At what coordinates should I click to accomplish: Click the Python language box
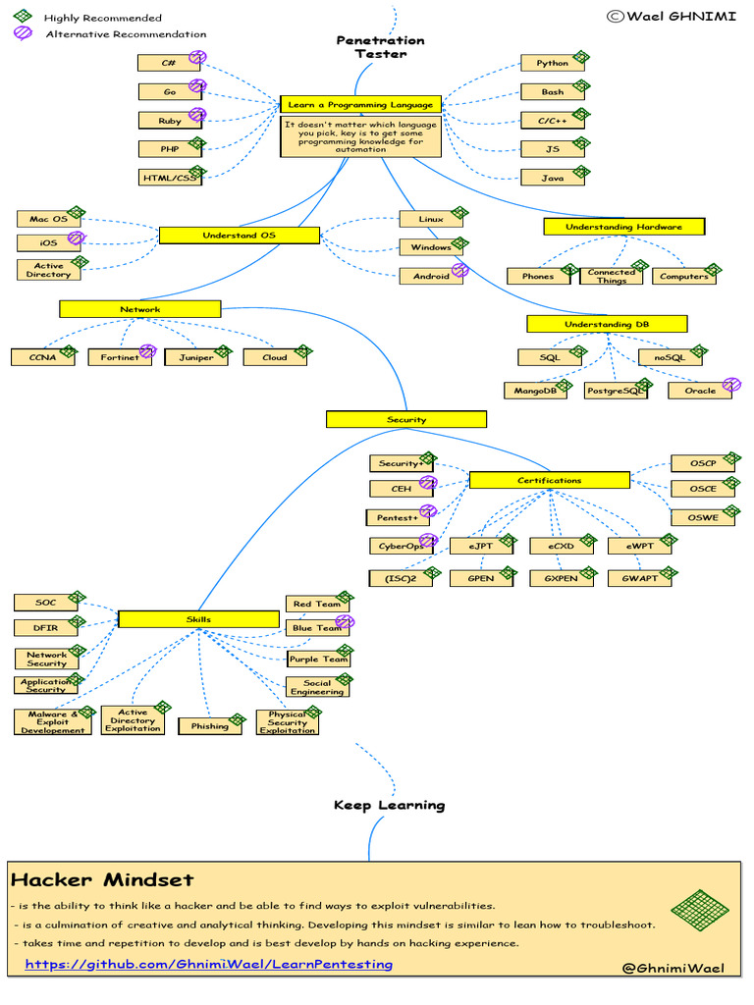(x=552, y=64)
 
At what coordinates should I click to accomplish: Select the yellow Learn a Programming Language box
(x=360, y=104)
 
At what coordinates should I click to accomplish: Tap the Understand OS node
(x=239, y=236)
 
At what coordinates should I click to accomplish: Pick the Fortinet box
(x=119, y=358)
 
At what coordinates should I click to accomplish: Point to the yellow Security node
(x=405, y=419)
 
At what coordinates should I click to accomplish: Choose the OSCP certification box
(x=702, y=462)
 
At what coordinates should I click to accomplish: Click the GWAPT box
(x=639, y=578)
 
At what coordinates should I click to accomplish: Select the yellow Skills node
(x=198, y=619)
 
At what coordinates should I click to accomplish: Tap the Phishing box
(x=209, y=726)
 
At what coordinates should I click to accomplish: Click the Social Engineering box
(x=316, y=687)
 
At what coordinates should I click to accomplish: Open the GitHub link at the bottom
(x=208, y=964)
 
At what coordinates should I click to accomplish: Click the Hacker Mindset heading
(x=102, y=879)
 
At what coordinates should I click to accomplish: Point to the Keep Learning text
(x=389, y=805)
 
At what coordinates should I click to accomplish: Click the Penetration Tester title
(x=380, y=47)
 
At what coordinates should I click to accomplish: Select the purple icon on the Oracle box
(x=730, y=384)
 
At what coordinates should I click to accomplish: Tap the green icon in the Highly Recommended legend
(x=22, y=17)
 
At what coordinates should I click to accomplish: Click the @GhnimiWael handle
(x=673, y=968)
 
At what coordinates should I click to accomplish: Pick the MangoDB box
(x=535, y=391)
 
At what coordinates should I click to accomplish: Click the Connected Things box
(x=611, y=276)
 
